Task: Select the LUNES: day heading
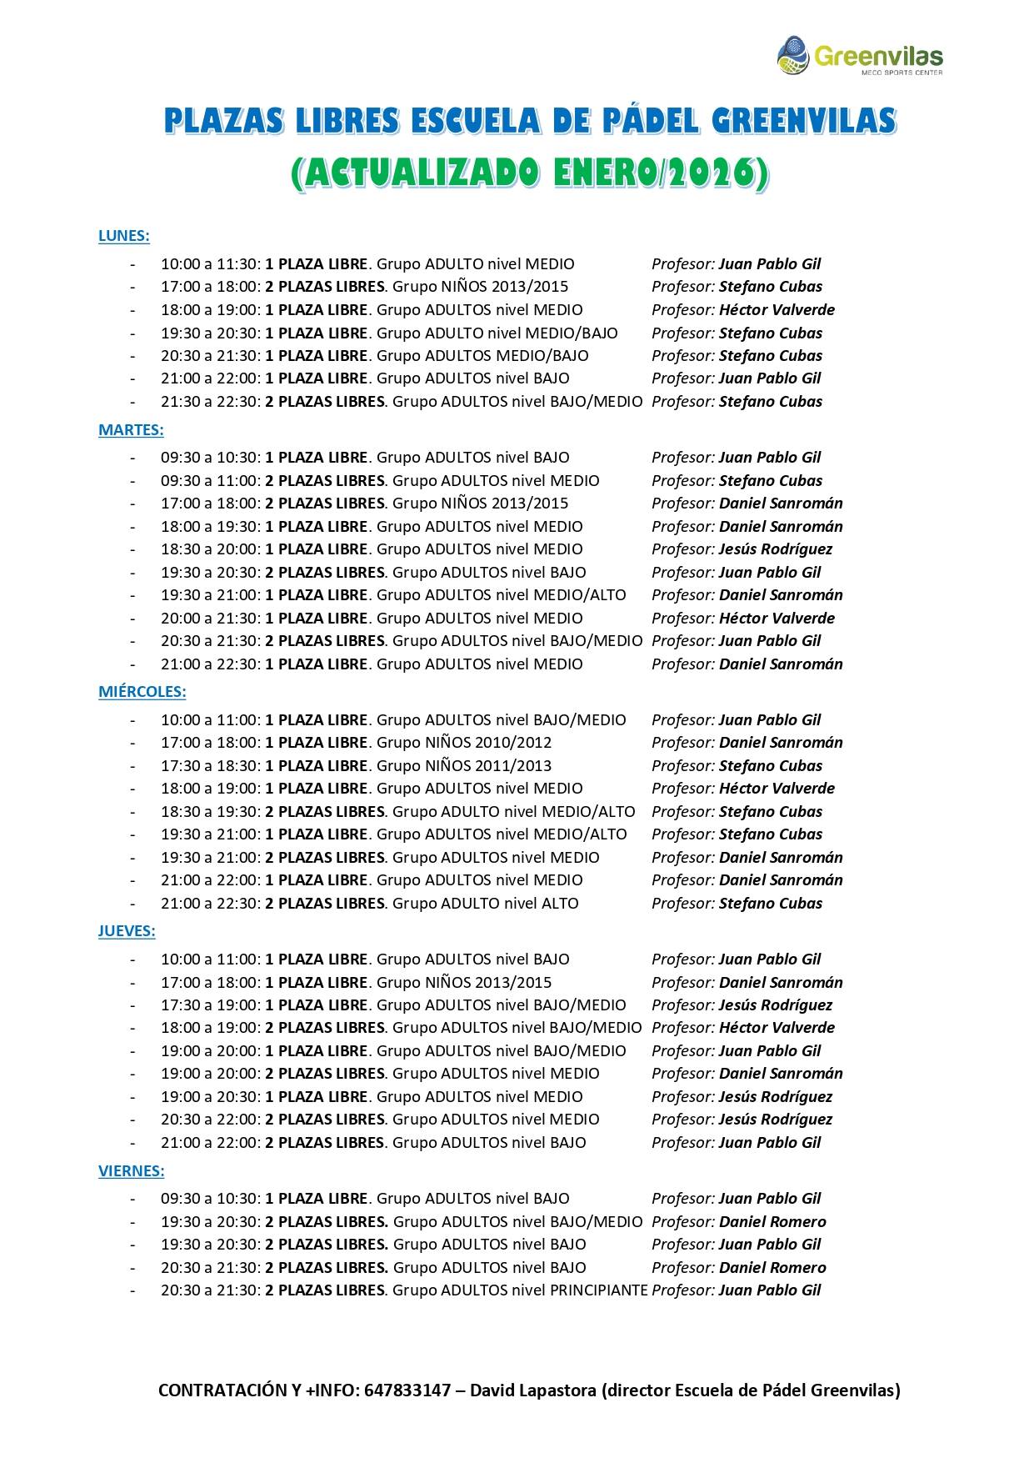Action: [x=123, y=236]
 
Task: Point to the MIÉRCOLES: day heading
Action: [x=142, y=692]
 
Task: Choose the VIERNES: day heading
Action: [x=131, y=1170]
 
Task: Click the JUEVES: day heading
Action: [x=127, y=931]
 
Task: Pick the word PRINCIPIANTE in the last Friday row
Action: [x=599, y=1290]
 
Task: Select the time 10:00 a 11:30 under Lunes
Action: [x=211, y=264]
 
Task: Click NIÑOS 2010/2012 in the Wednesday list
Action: [x=488, y=743]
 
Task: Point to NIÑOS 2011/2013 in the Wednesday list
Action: [x=488, y=765]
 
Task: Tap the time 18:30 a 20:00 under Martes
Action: [x=211, y=549]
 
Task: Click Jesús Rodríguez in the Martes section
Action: [x=775, y=549]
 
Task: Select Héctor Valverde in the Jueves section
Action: [x=777, y=1028]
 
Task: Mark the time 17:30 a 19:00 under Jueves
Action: [x=211, y=1005]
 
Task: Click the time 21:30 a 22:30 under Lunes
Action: [x=211, y=402]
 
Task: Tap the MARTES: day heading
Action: [x=131, y=430]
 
